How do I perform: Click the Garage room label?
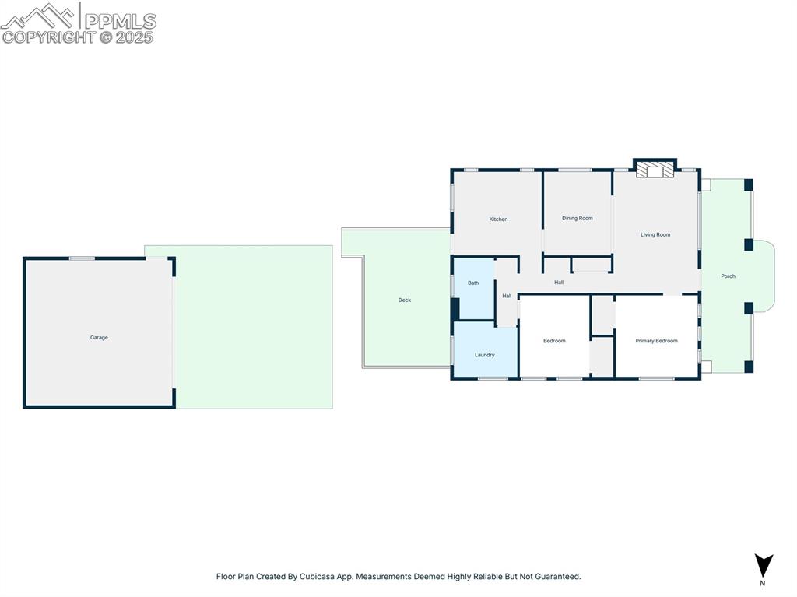[99, 338]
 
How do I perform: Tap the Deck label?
[405, 300]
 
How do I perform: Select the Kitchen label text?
[498, 219]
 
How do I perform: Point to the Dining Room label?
[578, 219]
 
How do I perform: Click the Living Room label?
[655, 235]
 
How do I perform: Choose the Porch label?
[728, 276]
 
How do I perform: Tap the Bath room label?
[473, 283]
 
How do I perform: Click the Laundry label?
[485, 356]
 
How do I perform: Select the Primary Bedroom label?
[656, 341]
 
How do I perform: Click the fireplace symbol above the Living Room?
[655, 170]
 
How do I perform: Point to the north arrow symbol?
[764, 565]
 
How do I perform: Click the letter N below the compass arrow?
[763, 583]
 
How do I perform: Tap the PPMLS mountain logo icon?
[39, 16]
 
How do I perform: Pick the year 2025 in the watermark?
[135, 37]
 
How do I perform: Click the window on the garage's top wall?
[82, 258]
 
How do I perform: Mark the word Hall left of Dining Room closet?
[559, 283]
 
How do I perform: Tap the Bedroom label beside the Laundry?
[554, 341]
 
